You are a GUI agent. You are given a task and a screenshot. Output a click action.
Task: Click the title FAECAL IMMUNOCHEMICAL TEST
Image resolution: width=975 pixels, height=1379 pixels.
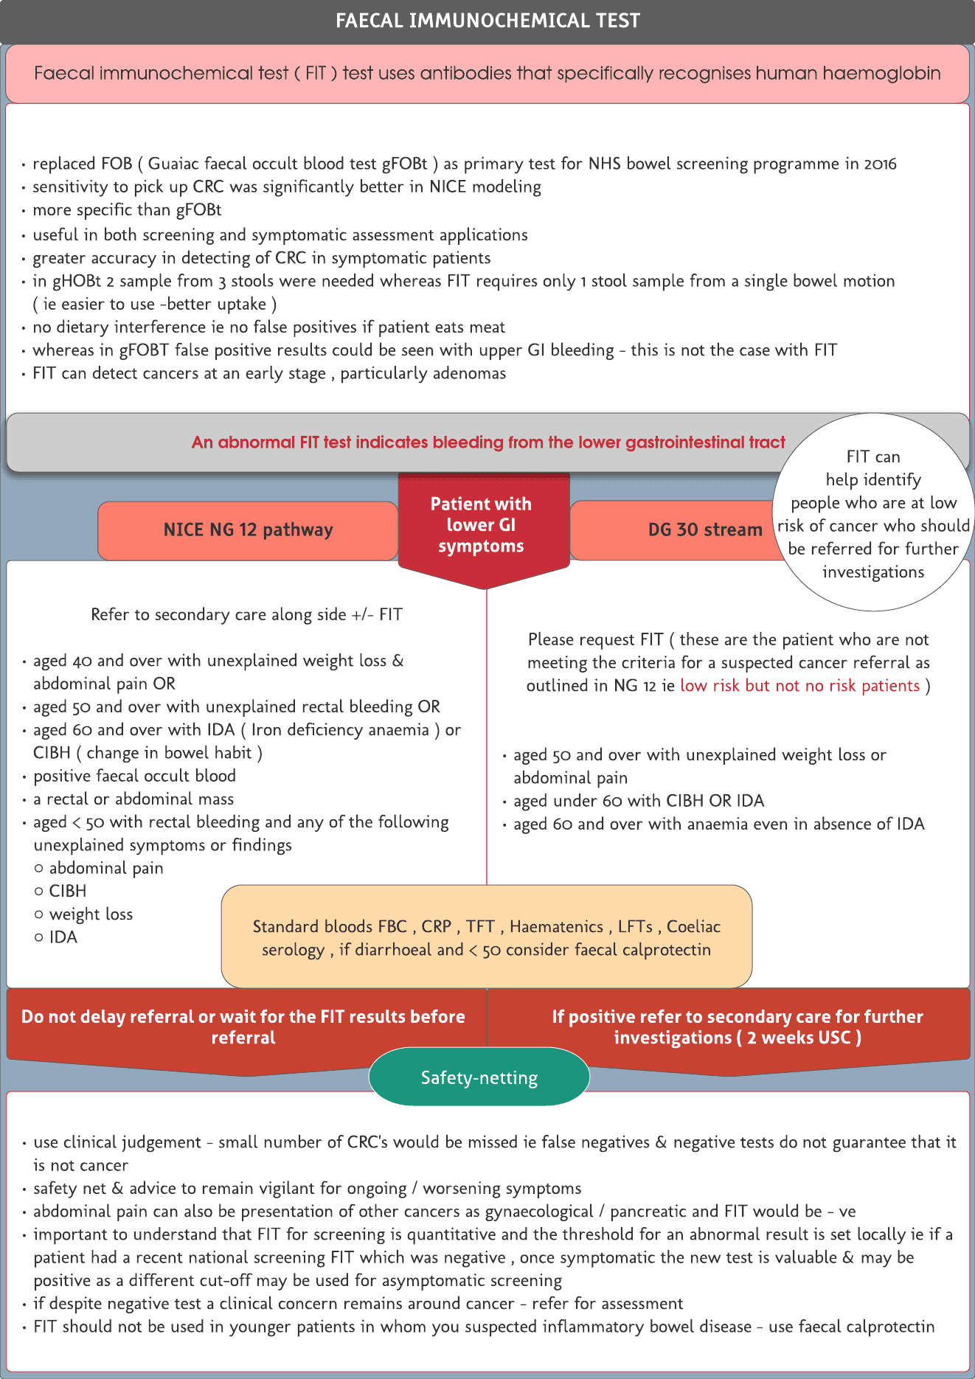[487, 21]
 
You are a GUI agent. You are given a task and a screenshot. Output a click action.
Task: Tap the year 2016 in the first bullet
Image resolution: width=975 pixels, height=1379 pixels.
[880, 164]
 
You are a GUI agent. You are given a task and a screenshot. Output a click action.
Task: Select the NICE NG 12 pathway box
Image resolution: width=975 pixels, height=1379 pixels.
[248, 530]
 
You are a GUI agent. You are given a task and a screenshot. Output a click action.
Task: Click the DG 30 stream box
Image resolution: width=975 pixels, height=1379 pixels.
[704, 530]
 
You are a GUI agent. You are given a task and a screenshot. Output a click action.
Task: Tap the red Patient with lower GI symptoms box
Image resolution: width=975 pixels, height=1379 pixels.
[481, 526]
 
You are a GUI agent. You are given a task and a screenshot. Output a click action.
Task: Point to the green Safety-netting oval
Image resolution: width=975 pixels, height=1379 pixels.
[479, 1077]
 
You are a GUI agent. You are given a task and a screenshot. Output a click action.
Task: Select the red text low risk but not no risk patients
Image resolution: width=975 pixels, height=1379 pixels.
[799, 686]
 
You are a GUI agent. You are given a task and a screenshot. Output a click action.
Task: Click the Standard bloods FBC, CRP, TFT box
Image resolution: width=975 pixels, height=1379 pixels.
[486, 937]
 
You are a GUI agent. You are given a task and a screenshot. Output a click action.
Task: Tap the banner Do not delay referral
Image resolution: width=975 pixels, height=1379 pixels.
[243, 1027]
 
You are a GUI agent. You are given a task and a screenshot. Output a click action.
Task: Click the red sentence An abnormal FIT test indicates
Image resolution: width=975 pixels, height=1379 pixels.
[488, 442]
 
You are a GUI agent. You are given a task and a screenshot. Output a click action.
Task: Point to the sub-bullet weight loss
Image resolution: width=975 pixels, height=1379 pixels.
[91, 914]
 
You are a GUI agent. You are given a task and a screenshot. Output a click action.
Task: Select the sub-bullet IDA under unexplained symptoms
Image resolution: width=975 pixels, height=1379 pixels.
[63, 937]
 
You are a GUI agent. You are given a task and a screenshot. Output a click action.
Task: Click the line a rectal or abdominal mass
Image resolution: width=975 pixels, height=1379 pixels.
[133, 799]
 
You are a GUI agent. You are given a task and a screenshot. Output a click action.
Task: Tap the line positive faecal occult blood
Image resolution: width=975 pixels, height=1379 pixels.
[134, 776]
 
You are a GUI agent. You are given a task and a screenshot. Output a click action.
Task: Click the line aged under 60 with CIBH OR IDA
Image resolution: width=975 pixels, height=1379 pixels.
[639, 801]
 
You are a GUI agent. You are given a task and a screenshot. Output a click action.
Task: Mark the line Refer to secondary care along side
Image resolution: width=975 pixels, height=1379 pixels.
[246, 615]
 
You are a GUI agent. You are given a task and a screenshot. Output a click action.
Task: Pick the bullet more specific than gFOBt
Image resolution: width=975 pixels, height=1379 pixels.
[127, 210]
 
